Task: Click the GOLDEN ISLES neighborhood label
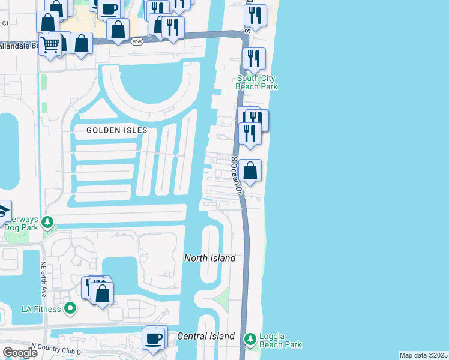[116, 130]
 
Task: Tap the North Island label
[209, 258]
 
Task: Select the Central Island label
[206, 336]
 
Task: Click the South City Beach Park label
[257, 82]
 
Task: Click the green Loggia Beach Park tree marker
[250, 339]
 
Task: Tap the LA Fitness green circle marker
[70, 309]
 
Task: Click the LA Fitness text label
[41, 310]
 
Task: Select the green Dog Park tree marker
[49, 223]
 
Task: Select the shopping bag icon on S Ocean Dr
[250, 170]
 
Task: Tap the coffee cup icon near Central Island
[154, 338]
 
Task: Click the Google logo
[20, 353]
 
